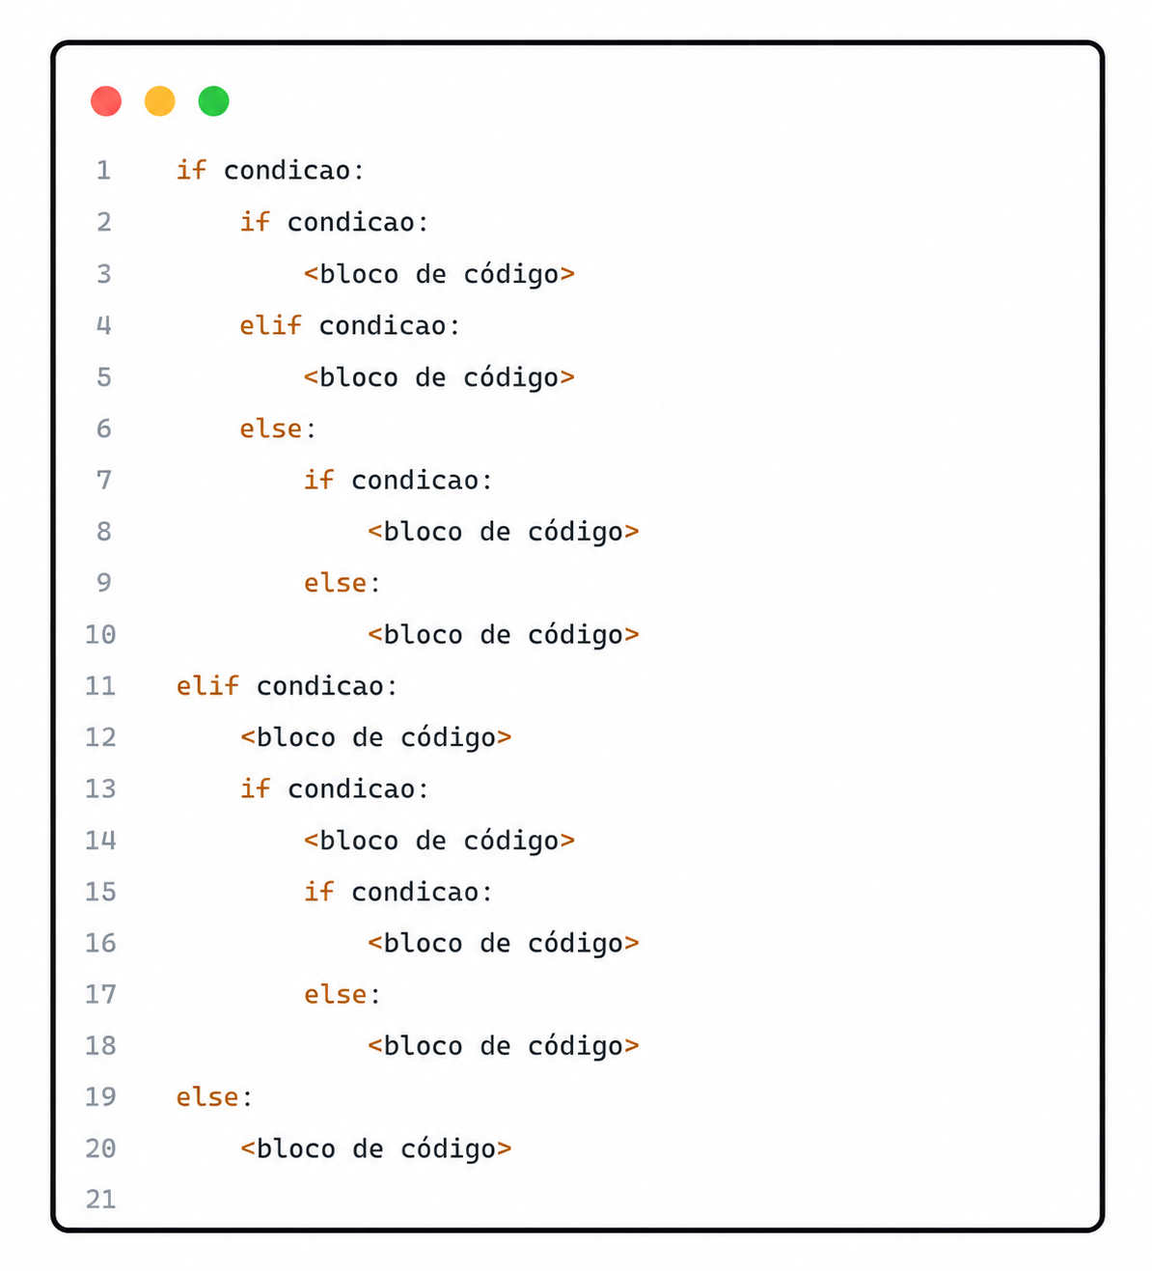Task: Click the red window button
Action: pyautogui.click(x=106, y=101)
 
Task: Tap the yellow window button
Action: pyautogui.click(x=160, y=101)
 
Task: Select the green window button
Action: pyautogui.click(x=213, y=101)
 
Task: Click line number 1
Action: pyautogui.click(x=104, y=171)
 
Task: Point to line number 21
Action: pyautogui.click(x=100, y=1200)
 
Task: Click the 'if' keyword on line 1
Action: pyautogui.click(x=191, y=170)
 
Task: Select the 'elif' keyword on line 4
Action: pyautogui.click(x=270, y=325)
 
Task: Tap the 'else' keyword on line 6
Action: pyautogui.click(x=270, y=428)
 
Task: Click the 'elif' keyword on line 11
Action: pyautogui.click(x=207, y=685)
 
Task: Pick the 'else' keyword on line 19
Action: pyautogui.click(x=207, y=1096)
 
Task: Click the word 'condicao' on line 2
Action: pyautogui.click(x=351, y=222)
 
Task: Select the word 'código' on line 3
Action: pyautogui.click(x=511, y=275)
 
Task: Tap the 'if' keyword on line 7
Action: pyautogui.click(x=318, y=480)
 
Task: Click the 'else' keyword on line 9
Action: pyautogui.click(x=335, y=583)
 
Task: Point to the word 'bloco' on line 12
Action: pyautogui.click(x=296, y=737)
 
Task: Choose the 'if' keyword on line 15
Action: pyautogui.click(x=318, y=892)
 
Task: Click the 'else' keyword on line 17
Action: pyautogui.click(x=335, y=994)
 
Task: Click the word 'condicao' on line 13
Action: pyautogui.click(x=351, y=788)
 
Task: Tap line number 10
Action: pyautogui.click(x=100, y=634)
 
